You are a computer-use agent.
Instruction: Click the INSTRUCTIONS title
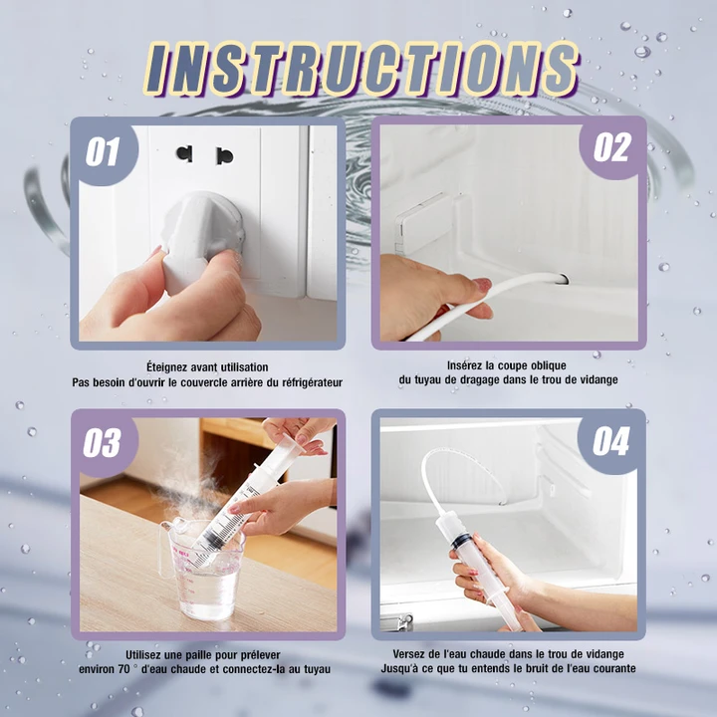(361, 69)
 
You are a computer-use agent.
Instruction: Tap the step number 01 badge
(104, 151)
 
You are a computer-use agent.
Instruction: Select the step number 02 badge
(611, 147)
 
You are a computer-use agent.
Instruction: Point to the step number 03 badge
(104, 442)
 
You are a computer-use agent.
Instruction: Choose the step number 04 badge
(610, 442)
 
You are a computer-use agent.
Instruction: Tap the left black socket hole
(184, 153)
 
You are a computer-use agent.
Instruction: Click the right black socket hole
(224, 156)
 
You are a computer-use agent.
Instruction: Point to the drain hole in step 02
(563, 278)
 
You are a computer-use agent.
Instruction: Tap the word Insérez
(465, 365)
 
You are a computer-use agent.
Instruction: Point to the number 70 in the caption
(123, 669)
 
